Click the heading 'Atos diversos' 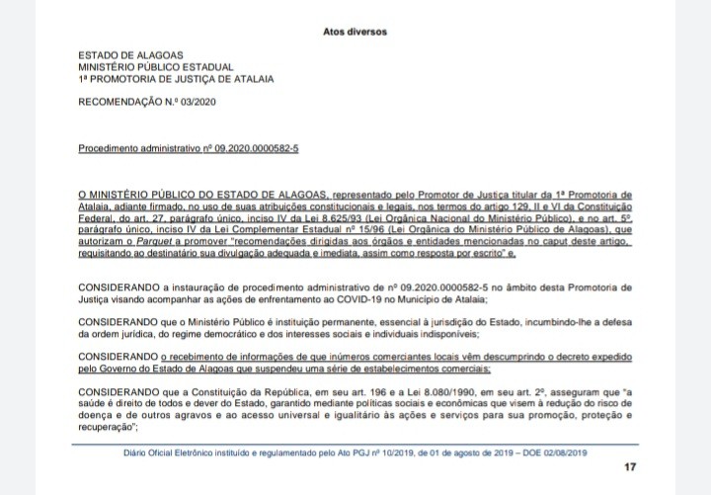(x=355, y=32)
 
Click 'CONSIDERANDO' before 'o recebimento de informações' (x=118, y=357)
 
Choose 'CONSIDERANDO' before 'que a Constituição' (x=118, y=392)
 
